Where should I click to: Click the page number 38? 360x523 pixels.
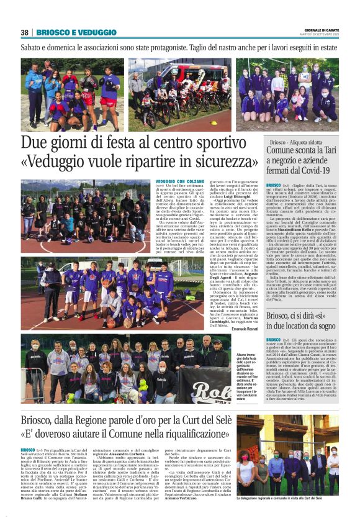(x=25, y=32)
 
